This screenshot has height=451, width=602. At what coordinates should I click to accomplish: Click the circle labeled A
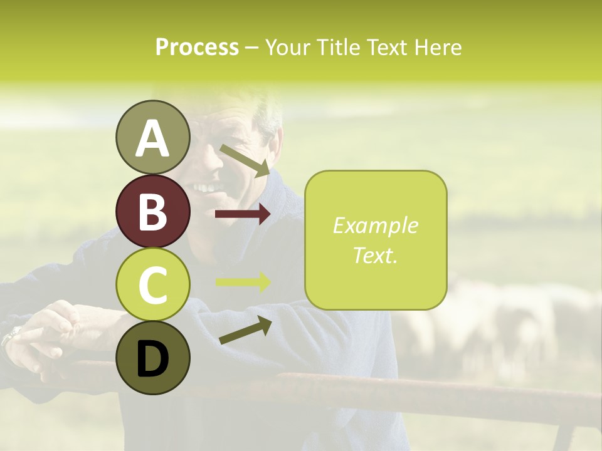152,138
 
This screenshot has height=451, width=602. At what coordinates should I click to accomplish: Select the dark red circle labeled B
152,212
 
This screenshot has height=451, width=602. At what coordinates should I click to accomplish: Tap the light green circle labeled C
152,285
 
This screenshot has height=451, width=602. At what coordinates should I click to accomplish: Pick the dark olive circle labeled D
152,358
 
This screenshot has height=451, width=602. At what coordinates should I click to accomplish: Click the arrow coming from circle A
245,160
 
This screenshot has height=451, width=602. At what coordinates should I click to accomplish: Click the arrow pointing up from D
245,330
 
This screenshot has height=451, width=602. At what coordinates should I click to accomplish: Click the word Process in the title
197,47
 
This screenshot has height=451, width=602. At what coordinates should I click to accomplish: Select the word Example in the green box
375,225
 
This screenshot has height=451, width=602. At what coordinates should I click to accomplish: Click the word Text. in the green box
375,255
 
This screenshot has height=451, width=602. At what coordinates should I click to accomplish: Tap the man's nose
213,164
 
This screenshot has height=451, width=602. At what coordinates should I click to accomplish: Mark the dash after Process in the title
252,48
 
